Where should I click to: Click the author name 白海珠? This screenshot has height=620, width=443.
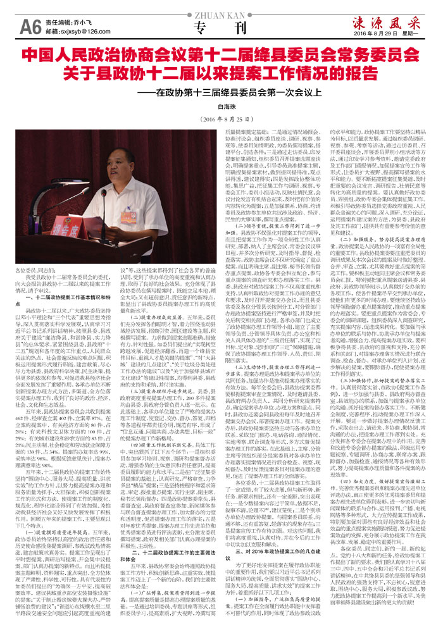221,108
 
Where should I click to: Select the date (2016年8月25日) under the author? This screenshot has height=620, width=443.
221,120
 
